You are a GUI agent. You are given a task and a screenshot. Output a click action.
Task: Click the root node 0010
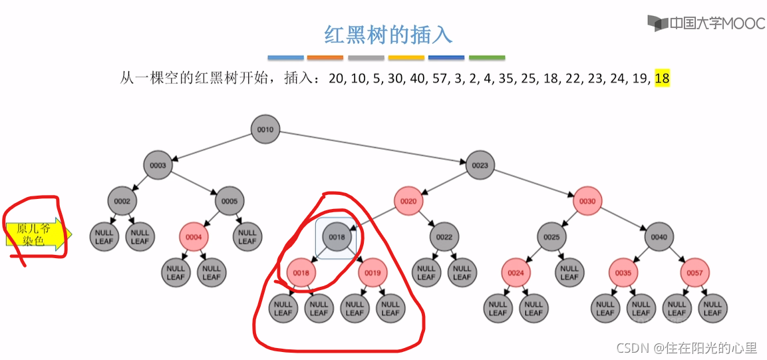265,129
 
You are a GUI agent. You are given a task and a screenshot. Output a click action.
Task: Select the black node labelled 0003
158,165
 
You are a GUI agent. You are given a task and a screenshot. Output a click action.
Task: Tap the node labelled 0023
480,165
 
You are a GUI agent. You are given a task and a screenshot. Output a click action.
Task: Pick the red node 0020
408,201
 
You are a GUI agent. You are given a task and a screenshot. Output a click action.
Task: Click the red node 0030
587,201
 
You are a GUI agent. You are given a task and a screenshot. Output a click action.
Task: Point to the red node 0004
194,236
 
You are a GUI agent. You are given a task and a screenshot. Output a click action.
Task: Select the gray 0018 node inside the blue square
337,236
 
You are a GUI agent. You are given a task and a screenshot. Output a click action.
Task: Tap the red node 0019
373,272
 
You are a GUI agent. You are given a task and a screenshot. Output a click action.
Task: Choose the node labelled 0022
444,236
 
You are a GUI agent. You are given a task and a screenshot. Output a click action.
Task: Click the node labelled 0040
659,236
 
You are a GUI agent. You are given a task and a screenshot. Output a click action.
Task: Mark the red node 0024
516,272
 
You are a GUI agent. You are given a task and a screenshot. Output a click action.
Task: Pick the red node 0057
694,272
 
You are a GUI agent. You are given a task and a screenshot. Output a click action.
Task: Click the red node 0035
623,272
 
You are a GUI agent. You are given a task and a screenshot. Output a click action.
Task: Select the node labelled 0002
122,201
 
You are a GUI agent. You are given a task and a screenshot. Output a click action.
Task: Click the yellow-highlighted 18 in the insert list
662,79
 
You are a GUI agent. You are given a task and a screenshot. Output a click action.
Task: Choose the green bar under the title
486,58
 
